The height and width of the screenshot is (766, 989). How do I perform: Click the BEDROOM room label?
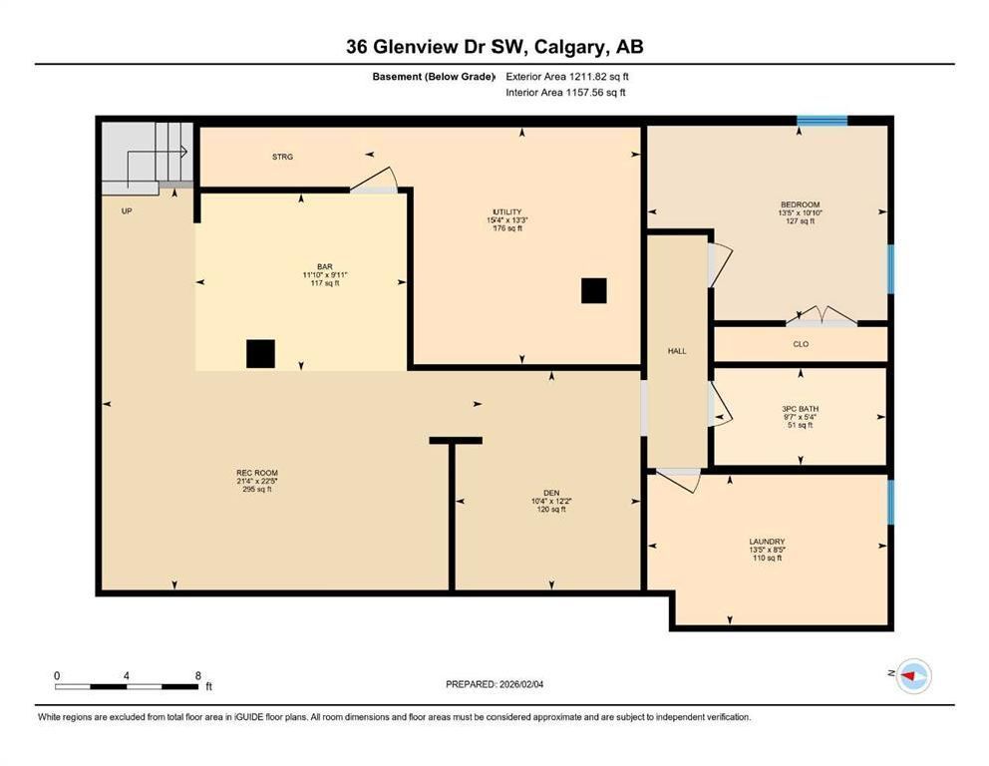coord(800,204)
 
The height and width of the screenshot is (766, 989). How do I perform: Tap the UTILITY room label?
coord(507,212)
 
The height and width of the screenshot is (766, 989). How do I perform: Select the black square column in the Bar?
coord(260,353)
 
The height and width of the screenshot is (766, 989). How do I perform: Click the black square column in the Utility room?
coord(593,291)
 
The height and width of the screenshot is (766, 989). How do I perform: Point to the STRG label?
coord(282,157)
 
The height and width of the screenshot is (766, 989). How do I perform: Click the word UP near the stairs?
coord(127,210)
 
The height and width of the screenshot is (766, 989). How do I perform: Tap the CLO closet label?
coord(801,344)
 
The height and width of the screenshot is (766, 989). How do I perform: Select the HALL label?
coord(677,351)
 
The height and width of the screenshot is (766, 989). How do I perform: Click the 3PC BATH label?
coord(800,409)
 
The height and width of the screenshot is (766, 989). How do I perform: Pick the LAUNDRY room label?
coord(767,542)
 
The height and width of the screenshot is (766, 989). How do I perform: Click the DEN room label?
coord(551,493)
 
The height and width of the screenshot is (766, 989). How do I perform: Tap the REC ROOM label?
coord(256,473)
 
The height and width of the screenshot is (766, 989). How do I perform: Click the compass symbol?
coord(913,676)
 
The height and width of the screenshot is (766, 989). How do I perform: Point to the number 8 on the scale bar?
coord(198,676)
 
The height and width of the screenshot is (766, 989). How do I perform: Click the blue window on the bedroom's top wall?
coord(822,121)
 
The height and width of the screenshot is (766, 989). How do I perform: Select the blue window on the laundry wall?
coord(890,503)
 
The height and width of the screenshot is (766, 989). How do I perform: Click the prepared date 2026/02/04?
coord(521,684)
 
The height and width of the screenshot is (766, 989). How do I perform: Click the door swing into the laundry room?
coord(679,479)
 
